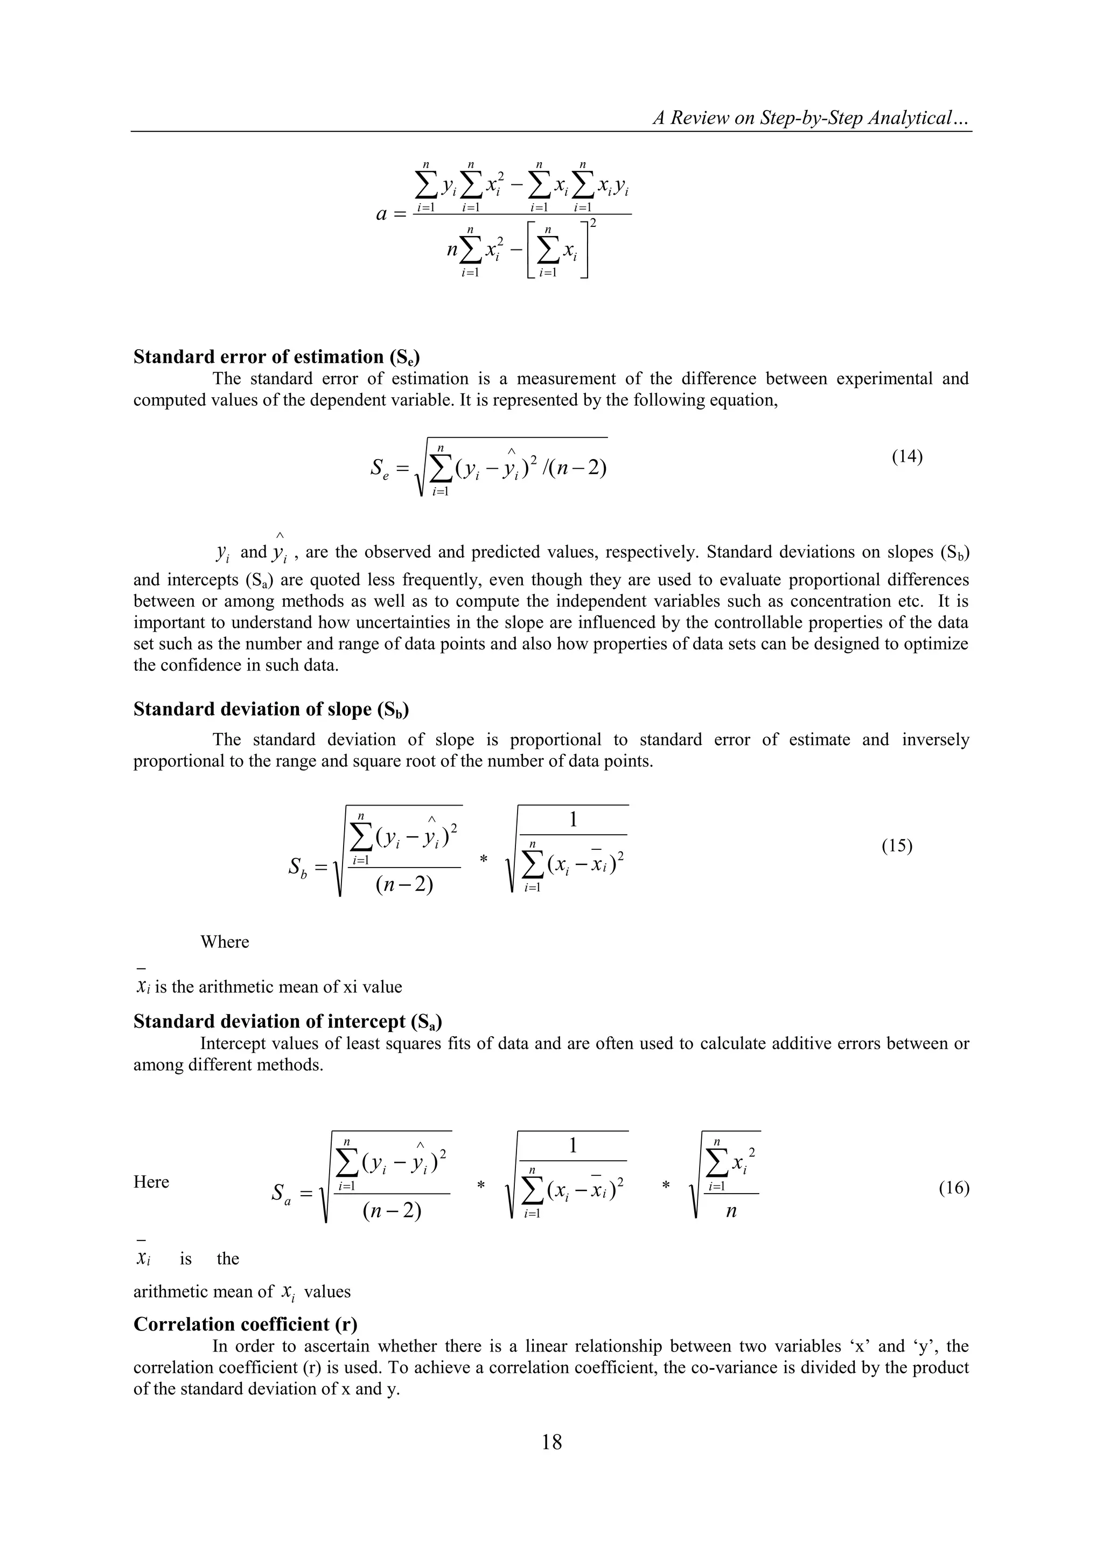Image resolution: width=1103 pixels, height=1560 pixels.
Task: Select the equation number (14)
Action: point(907,456)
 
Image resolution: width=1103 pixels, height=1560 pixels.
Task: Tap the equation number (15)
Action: point(897,846)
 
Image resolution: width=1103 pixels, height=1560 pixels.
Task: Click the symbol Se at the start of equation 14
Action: point(380,468)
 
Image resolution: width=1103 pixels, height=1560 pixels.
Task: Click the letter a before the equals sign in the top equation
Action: point(382,214)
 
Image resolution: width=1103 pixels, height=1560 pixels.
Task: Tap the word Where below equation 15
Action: point(225,942)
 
